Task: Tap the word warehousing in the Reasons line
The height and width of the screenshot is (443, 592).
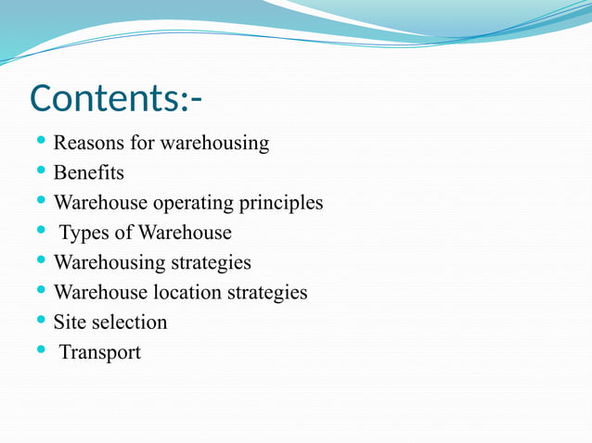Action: (x=214, y=144)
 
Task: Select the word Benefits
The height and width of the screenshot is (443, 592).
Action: (x=88, y=173)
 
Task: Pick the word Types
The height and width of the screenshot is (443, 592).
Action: (x=84, y=233)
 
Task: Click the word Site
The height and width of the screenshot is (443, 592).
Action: (x=68, y=323)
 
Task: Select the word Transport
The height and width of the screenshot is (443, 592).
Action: (x=100, y=352)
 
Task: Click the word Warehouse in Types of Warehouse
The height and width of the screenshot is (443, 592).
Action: (x=185, y=233)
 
